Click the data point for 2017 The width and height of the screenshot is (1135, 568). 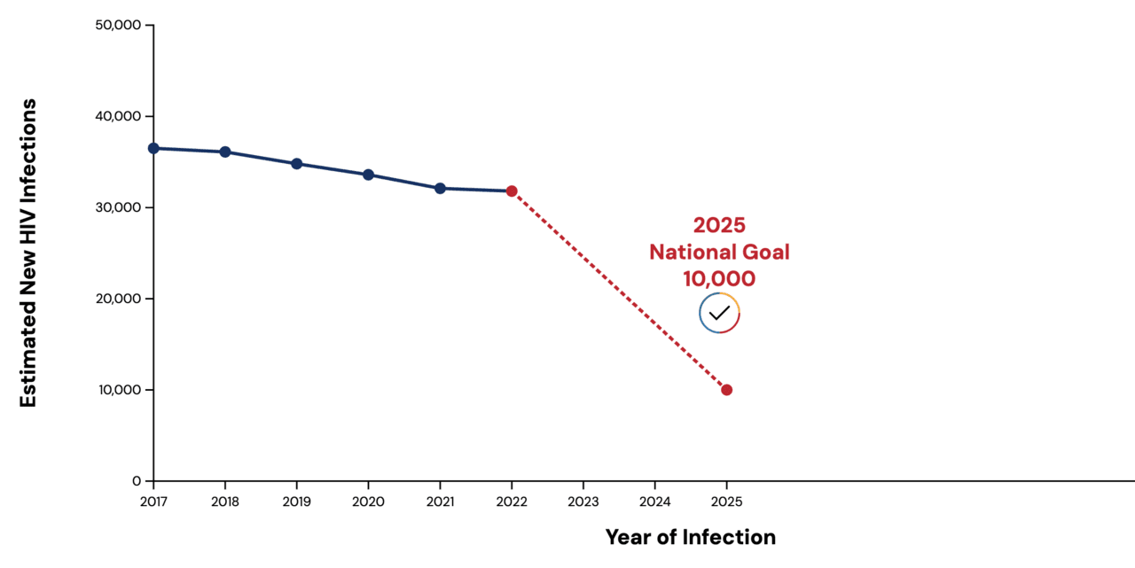tap(153, 148)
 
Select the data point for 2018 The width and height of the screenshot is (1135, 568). tap(225, 152)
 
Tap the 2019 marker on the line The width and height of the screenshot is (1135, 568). tap(297, 164)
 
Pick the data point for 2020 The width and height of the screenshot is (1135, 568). tap(368, 175)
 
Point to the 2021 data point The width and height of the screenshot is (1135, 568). tap(440, 188)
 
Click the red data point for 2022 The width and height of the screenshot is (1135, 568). tap(512, 191)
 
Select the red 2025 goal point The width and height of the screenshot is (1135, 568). tap(726, 390)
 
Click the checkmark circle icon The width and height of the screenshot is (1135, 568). tap(719, 313)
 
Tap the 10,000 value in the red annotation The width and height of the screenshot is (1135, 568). tap(719, 278)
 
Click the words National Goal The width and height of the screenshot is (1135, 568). tap(719, 252)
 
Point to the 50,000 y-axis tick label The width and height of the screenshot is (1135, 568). tap(118, 25)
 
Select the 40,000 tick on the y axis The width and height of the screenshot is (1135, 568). tap(118, 116)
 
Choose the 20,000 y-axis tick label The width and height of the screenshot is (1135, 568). tap(118, 299)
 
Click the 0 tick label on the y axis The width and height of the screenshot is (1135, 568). tap(137, 481)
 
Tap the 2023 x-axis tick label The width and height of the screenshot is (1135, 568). tap(583, 502)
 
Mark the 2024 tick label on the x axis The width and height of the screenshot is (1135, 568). tap(654, 502)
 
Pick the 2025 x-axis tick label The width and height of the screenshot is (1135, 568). tap(726, 502)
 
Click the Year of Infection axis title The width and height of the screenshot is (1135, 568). tap(690, 537)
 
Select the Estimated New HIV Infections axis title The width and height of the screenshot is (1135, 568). tap(28, 253)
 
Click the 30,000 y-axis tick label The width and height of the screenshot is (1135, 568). tap(118, 207)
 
